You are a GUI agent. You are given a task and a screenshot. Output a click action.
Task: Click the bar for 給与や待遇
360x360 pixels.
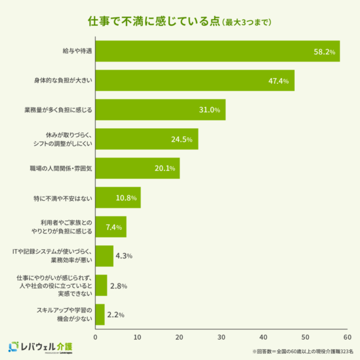217,51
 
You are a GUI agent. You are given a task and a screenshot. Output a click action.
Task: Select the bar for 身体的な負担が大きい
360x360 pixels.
195,80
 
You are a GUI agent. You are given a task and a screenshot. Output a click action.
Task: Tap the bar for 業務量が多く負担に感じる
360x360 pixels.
160,110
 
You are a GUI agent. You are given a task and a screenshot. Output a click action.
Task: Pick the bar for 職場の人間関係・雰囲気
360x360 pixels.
137,168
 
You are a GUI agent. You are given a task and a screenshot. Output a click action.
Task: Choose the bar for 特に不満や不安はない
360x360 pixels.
118,197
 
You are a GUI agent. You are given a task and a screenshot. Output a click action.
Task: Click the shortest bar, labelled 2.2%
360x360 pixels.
100,314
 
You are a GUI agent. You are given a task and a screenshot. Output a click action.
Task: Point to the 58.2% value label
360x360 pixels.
325,52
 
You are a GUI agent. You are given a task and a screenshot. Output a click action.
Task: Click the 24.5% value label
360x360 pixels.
182,139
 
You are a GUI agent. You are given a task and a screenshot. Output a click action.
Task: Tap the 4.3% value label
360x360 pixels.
124,256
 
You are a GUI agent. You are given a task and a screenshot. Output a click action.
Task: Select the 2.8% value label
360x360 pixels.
119,286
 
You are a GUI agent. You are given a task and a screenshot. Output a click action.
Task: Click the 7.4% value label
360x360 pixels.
114,227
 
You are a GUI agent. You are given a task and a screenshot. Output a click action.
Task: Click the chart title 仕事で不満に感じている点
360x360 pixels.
153,22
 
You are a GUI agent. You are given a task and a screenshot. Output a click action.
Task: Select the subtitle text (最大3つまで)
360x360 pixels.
247,23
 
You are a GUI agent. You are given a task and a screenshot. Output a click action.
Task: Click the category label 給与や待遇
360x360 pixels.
77,52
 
